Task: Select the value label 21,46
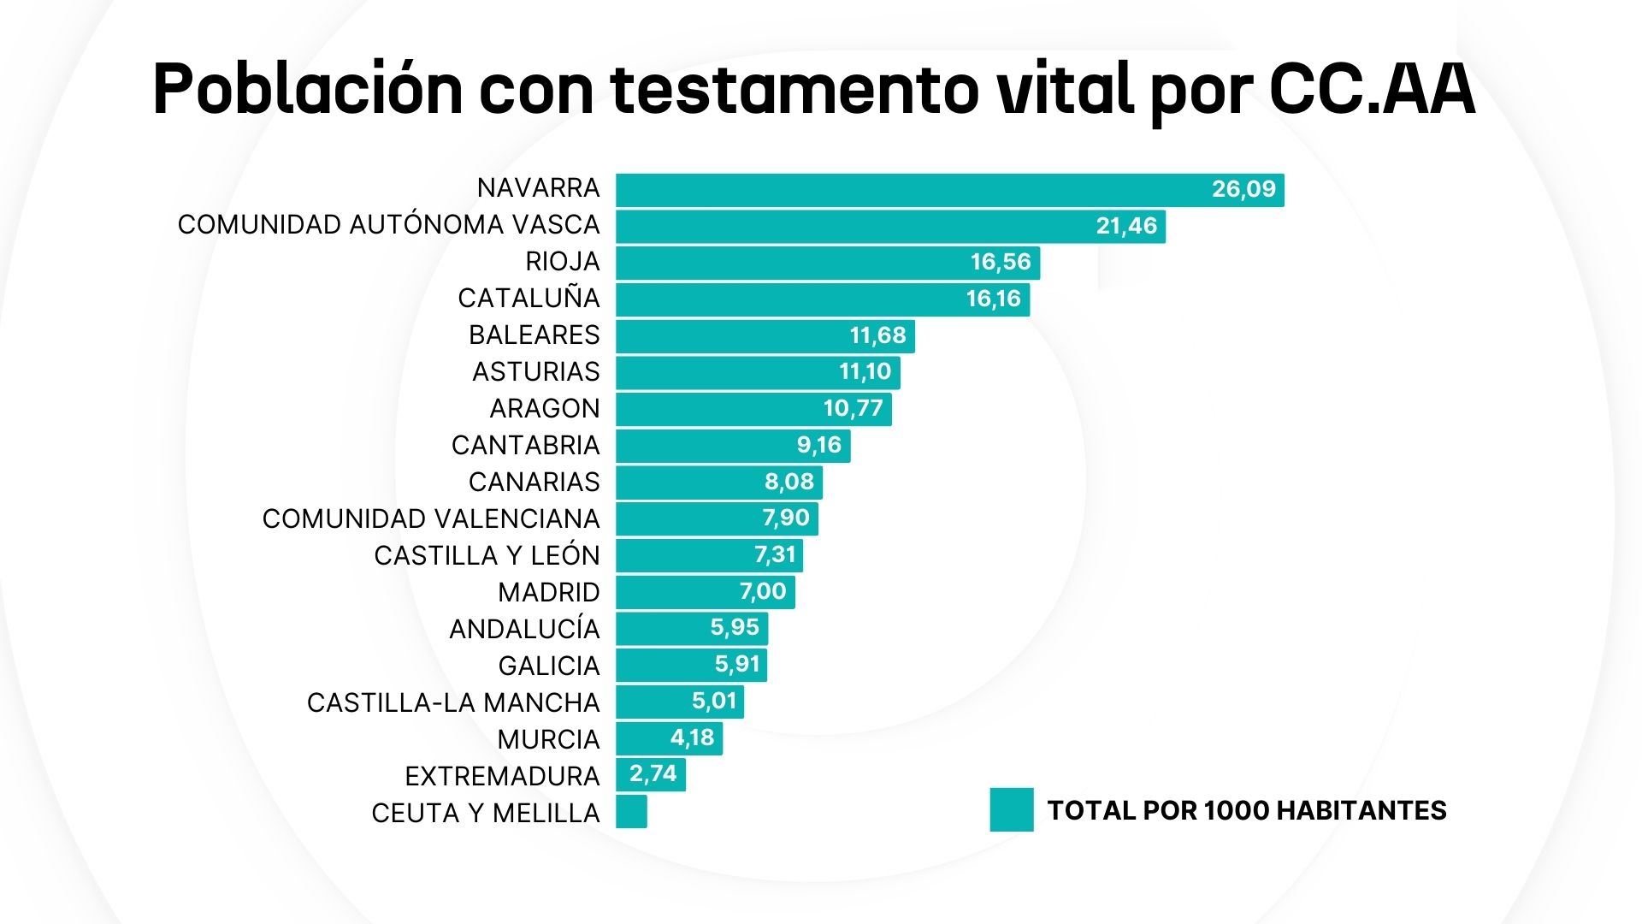click(1126, 226)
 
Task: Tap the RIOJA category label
click(563, 262)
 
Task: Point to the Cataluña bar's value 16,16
click(994, 299)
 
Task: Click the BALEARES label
click(535, 335)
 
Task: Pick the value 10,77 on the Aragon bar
click(853, 408)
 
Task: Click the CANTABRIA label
click(526, 446)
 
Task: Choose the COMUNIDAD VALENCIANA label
click(431, 519)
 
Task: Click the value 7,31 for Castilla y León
click(775, 554)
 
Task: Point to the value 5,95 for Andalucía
click(735, 627)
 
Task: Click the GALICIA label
click(549, 666)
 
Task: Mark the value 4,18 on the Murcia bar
click(692, 737)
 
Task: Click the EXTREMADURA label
click(502, 777)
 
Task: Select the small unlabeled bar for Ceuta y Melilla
click(631, 812)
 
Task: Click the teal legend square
click(1012, 809)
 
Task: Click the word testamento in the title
click(794, 90)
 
